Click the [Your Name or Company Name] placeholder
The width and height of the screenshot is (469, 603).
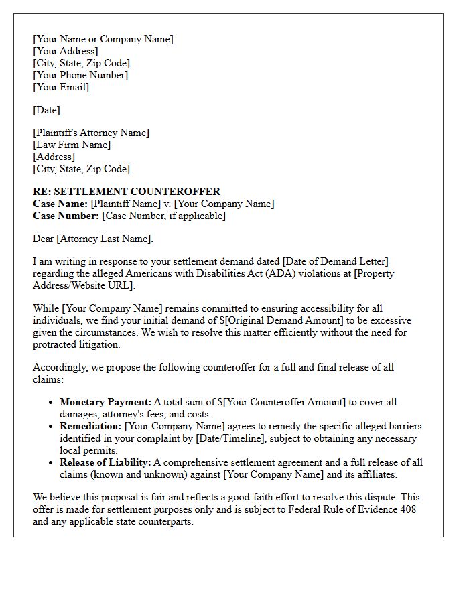click(103, 39)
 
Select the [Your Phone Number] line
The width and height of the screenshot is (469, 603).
click(80, 75)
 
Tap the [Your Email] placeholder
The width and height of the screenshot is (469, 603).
click(60, 87)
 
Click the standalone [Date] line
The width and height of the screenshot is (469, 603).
click(46, 110)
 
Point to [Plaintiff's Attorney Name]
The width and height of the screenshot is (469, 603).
click(91, 133)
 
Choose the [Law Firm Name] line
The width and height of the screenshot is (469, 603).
click(72, 145)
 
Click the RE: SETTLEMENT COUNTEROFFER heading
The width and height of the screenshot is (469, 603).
click(127, 192)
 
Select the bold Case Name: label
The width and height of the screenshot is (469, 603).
click(60, 204)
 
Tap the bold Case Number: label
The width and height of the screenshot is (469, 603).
click(66, 216)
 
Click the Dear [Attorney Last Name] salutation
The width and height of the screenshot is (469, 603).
click(93, 239)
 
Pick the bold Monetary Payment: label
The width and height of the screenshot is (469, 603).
click(105, 402)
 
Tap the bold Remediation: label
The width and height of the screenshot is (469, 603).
click(90, 426)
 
